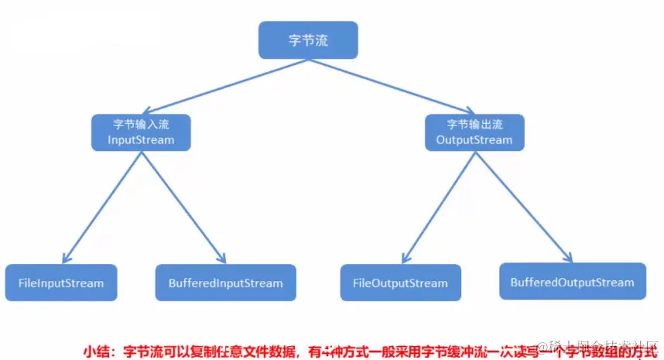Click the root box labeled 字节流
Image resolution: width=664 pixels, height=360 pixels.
pyautogui.click(x=307, y=40)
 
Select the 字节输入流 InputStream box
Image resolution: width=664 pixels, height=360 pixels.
pyautogui.click(x=139, y=132)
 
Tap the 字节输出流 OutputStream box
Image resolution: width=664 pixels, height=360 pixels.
pyautogui.click(x=474, y=132)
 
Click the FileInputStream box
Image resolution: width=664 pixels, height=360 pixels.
pyautogui.click(x=60, y=283)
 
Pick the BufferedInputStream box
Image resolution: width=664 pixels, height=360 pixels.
pyautogui.click(x=225, y=283)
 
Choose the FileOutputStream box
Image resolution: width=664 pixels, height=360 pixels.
pyautogui.click(x=400, y=283)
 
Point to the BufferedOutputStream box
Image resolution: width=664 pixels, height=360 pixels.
pyautogui.click(x=572, y=282)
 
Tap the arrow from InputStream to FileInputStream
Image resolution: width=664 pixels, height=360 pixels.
pyautogui.click(x=101, y=206)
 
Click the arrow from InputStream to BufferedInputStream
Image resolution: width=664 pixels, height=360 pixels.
pyautogui.click(x=183, y=206)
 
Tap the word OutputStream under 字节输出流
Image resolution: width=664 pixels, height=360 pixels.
pyautogui.click(x=474, y=140)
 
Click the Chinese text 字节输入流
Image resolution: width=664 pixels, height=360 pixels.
pyautogui.click(x=139, y=124)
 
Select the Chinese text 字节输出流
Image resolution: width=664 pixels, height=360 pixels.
pyautogui.click(x=474, y=124)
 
